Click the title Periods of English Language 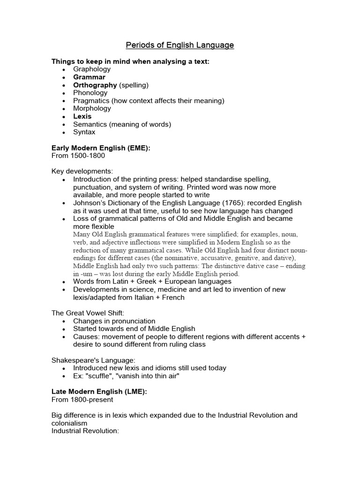(x=180, y=45)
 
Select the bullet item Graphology (x=92, y=69)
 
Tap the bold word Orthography (x=95, y=85)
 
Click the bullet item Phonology (x=90, y=93)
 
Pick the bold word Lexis (x=82, y=116)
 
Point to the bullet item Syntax (x=84, y=132)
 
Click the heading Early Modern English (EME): (x=101, y=148)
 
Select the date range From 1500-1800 (x=78, y=156)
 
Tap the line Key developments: (x=82, y=171)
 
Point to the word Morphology (x=92, y=108)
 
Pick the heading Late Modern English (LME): (x=99, y=392)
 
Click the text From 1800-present (x=82, y=399)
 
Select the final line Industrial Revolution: (x=86, y=430)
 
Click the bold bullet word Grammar (x=89, y=77)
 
